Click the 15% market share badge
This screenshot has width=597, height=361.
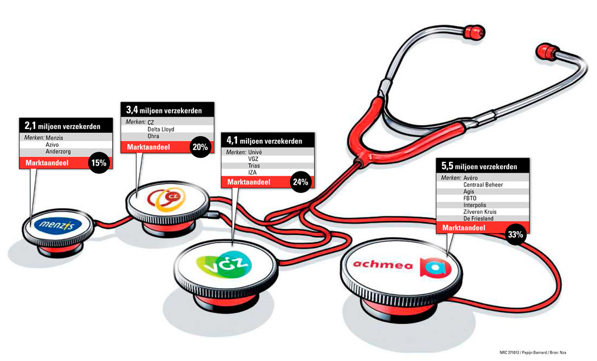tap(99, 163)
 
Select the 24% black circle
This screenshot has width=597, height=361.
tap(300, 182)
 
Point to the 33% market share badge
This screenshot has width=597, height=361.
tap(515, 234)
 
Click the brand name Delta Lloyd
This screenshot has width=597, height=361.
tap(161, 129)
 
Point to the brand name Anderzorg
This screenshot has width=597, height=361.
tap(59, 151)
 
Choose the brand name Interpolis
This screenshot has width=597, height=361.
tap(478, 205)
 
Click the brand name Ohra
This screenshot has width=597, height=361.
tap(153, 136)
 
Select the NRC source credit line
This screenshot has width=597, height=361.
tap(531, 351)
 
